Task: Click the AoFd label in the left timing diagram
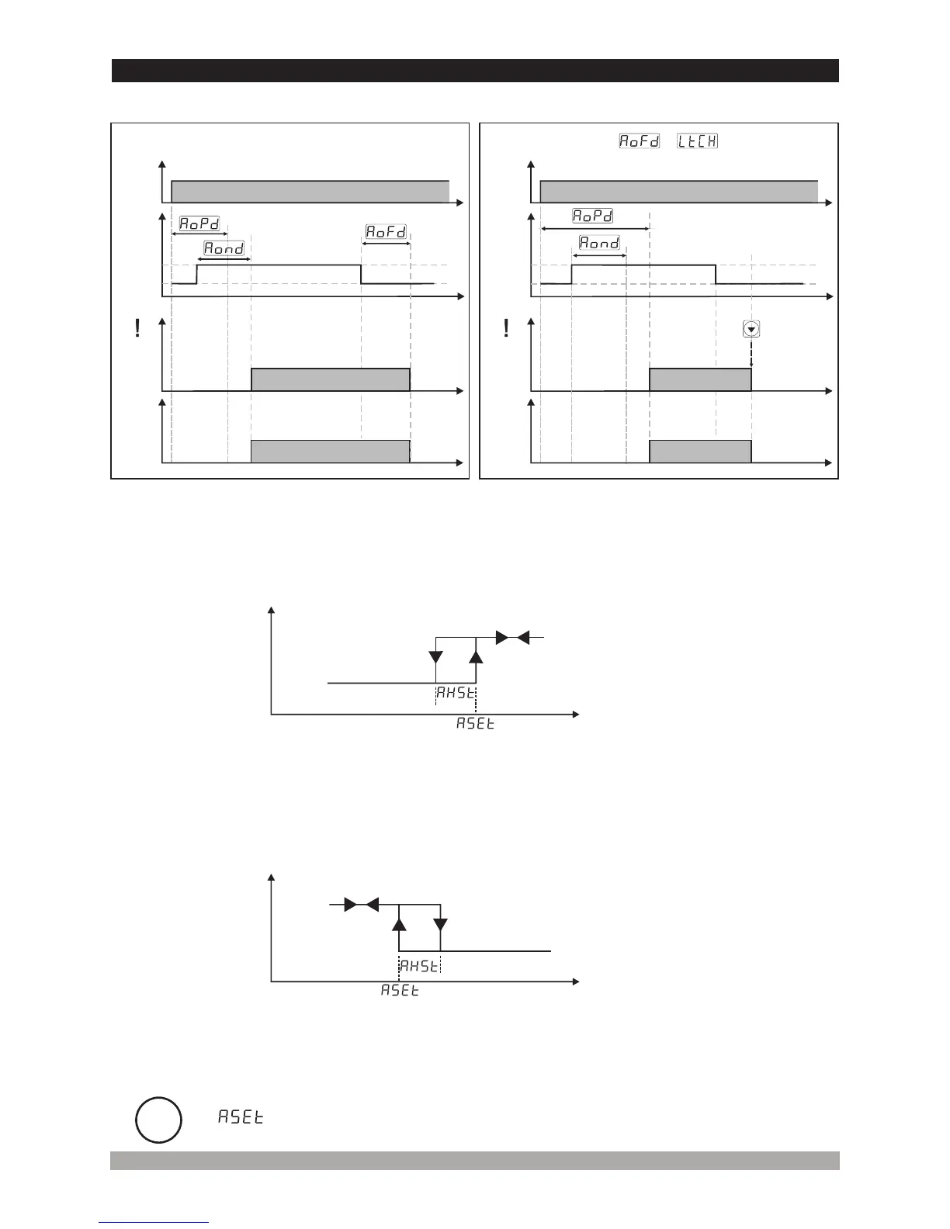coord(387,232)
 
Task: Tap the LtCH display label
coord(697,141)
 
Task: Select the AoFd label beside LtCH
coord(639,141)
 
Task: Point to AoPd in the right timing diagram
coord(593,216)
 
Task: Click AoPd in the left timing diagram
coord(199,223)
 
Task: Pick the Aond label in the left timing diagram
coord(224,248)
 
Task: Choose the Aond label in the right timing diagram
coord(599,243)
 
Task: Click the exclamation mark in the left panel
coord(137,329)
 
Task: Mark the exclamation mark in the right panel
coord(506,329)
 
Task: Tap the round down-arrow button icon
coord(751,329)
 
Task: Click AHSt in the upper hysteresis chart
coord(455,693)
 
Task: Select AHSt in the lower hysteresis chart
coord(419,965)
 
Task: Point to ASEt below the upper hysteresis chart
coord(475,724)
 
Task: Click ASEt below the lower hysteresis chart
coord(400,991)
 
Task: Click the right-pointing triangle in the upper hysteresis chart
coord(502,637)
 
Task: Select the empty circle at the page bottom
coord(158,1120)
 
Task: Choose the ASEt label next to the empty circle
coord(241,1117)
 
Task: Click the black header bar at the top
coord(475,71)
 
